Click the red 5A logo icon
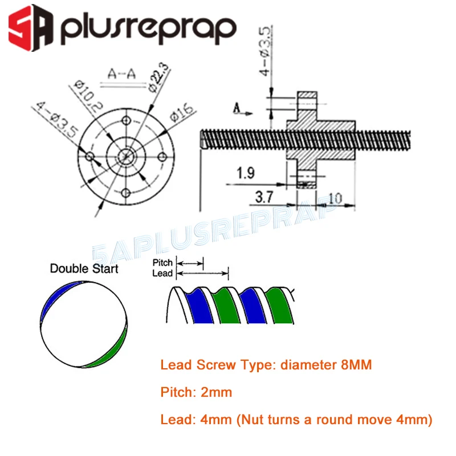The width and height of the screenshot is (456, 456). [x=31, y=28]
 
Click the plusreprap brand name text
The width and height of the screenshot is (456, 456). [x=148, y=30]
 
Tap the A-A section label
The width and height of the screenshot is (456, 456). [x=121, y=74]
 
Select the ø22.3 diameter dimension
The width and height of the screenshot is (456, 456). [x=158, y=77]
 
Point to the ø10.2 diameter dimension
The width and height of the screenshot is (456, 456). [x=88, y=96]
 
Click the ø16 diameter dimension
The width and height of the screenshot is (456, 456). [x=182, y=112]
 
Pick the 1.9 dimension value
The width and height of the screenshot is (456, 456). [x=246, y=173]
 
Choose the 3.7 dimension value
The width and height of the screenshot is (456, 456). [x=264, y=197]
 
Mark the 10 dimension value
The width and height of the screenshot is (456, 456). [x=335, y=199]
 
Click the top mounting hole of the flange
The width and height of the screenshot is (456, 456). [x=126, y=120]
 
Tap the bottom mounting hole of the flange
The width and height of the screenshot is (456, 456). [x=126, y=193]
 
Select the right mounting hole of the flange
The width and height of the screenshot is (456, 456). [x=162, y=157]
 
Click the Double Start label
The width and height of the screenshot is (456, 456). [x=84, y=268]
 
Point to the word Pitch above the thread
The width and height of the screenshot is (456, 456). [x=162, y=263]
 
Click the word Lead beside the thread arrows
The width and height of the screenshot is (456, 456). [x=162, y=274]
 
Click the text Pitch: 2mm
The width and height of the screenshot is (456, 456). [x=196, y=392]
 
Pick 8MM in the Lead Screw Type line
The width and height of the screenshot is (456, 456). [x=356, y=365]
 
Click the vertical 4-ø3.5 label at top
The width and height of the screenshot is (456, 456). [x=266, y=51]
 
